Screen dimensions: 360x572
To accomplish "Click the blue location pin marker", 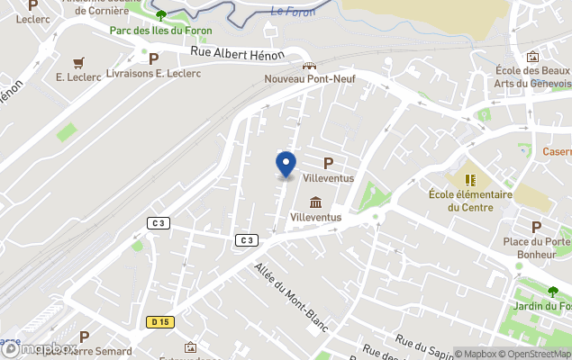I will tap(286, 164).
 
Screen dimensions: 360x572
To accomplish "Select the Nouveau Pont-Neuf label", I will tap(309, 78).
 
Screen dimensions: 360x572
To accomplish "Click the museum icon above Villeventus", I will tap(315, 202).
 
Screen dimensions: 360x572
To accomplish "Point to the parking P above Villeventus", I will tap(328, 163).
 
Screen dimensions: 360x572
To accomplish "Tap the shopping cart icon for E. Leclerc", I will tap(78, 61).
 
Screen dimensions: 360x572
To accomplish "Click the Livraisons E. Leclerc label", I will tap(153, 73).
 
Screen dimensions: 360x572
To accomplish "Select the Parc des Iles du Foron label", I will tap(160, 30).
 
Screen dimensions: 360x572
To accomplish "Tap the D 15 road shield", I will tap(160, 321).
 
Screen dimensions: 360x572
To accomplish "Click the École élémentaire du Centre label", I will tap(470, 200).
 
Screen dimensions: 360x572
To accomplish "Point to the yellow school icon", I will tap(469, 179).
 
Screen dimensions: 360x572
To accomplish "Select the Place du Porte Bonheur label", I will tap(536, 247).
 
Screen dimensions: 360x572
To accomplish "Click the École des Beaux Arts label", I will tap(531, 76).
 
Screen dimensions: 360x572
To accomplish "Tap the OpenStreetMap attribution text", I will tap(534, 354).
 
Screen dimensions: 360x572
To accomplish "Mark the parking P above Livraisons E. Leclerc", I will tap(153, 58).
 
